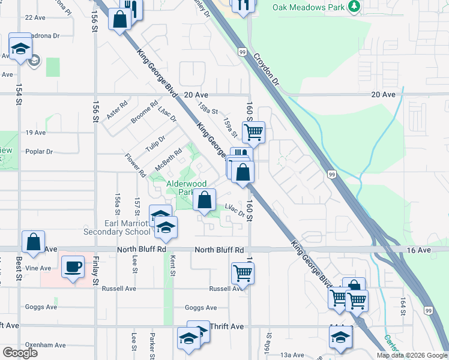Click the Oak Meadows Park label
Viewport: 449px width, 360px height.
point(309,7)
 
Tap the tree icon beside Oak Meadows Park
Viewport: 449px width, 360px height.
point(355,6)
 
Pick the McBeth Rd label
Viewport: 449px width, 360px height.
point(169,159)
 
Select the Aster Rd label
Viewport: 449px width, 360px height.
point(118,111)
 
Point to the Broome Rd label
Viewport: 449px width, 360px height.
point(144,112)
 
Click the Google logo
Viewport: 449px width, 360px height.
point(20,353)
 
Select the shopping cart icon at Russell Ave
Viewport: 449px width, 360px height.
point(243,272)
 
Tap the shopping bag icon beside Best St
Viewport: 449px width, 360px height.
point(34,242)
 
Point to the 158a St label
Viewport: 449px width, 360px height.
point(207,111)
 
